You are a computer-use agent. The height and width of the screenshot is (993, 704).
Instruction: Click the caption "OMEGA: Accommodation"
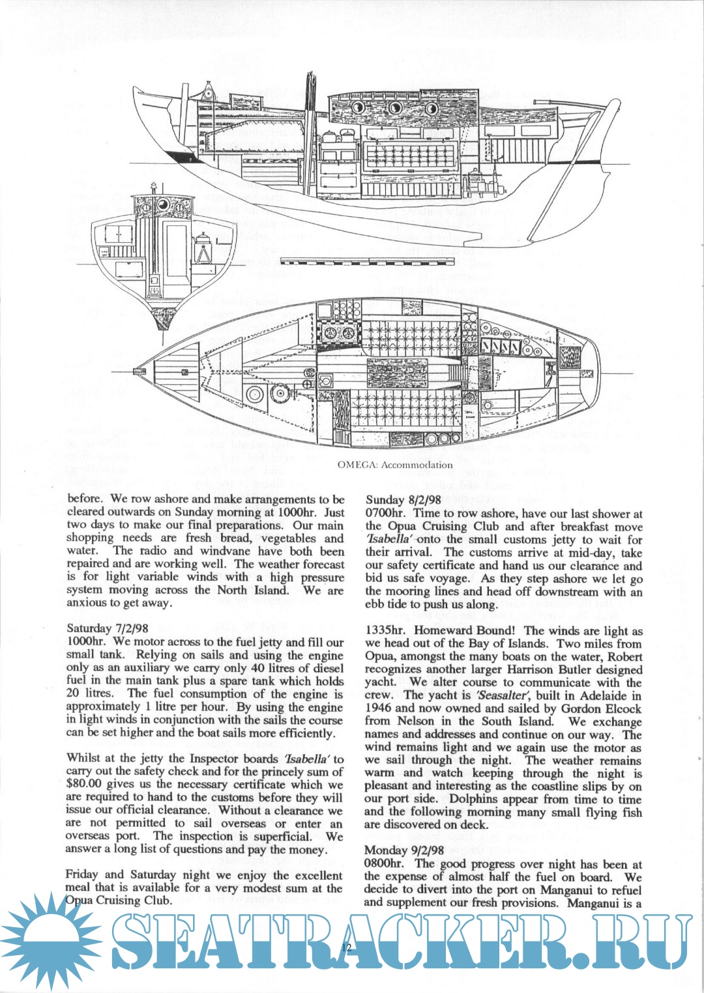click(x=395, y=464)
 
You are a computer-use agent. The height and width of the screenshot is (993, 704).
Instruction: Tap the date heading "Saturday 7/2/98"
click(x=108, y=628)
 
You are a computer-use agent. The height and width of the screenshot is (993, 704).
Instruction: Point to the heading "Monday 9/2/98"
click(x=404, y=850)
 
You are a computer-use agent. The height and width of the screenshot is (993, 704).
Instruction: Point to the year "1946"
click(x=378, y=708)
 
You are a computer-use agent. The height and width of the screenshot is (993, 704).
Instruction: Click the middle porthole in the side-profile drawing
click(x=394, y=108)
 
